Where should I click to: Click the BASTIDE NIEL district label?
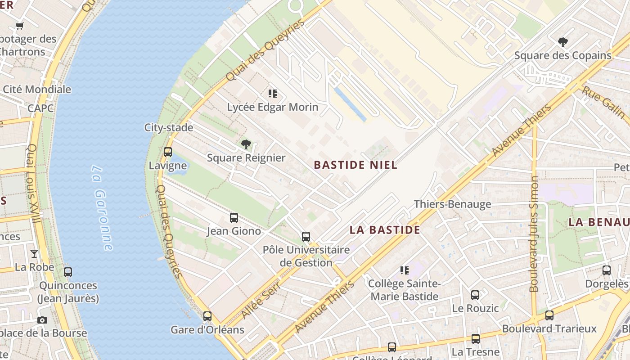pos(355,165)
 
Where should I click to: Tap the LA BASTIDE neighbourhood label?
pos(385,230)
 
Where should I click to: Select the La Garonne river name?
pos(102,208)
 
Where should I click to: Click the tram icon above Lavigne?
pos(168,152)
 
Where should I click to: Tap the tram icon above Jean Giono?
pos(234,218)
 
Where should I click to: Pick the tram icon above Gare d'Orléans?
pos(207,316)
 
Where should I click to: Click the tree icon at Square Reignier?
pos(246,144)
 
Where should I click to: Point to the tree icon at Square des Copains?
pos(562,42)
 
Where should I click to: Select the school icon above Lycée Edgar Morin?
pos(272,94)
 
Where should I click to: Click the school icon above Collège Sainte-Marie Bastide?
pos(404,270)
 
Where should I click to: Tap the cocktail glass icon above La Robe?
pos(34,254)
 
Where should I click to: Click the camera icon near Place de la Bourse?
pos(42,320)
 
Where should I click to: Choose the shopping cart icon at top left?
pos(19,26)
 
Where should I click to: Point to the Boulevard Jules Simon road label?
pos(534,234)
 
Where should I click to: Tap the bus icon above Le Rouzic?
pos(475,295)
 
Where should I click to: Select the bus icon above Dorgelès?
pos(606,270)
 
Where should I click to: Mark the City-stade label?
pos(169,127)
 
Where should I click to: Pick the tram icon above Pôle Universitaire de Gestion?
pos(306,237)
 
